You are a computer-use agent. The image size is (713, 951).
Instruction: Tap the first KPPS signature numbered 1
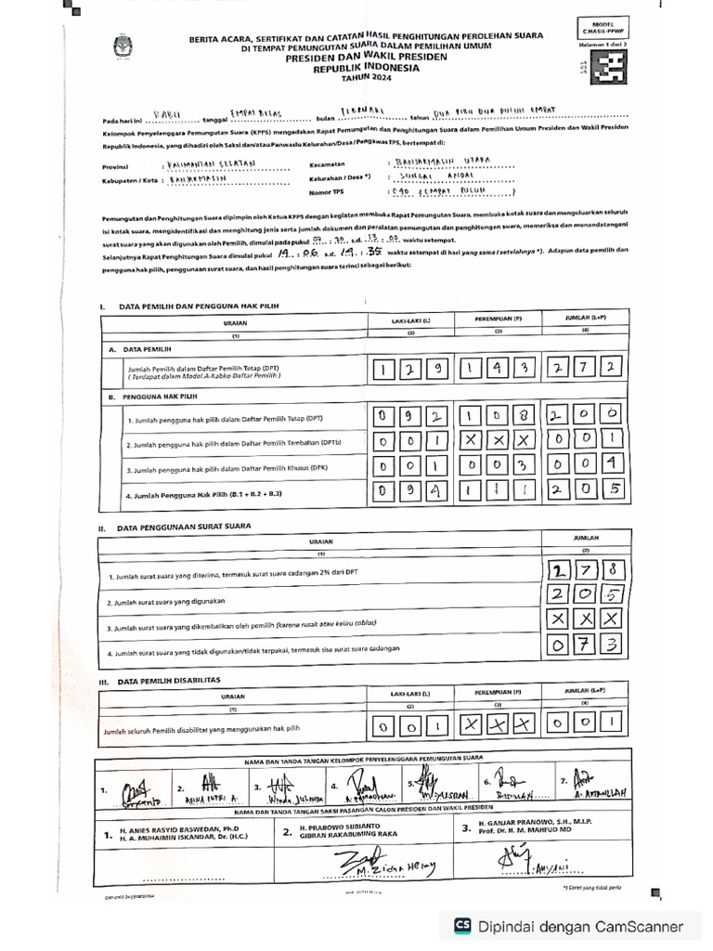point(130,788)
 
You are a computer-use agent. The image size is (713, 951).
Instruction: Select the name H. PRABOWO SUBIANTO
point(345,826)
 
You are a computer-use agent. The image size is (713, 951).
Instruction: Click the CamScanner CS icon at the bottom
point(461,926)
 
